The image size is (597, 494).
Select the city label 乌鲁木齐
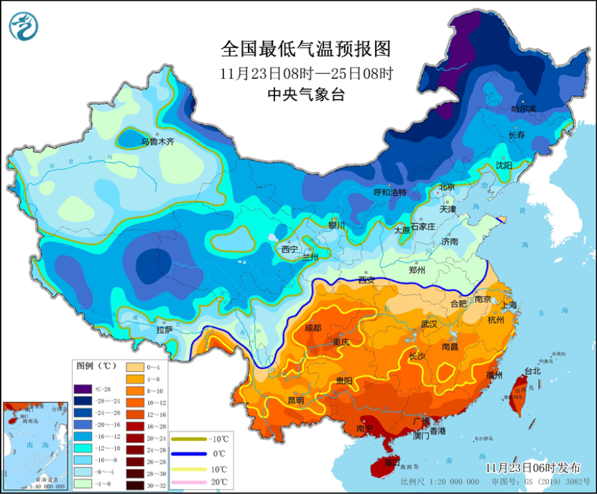coord(157,142)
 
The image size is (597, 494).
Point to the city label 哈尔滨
coord(524,108)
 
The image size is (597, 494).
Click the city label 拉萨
coord(164,330)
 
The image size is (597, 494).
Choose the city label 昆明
coord(295,400)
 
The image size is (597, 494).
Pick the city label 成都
coord(314,327)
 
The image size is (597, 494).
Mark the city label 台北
coord(532,371)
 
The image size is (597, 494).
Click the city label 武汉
coord(429,325)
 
